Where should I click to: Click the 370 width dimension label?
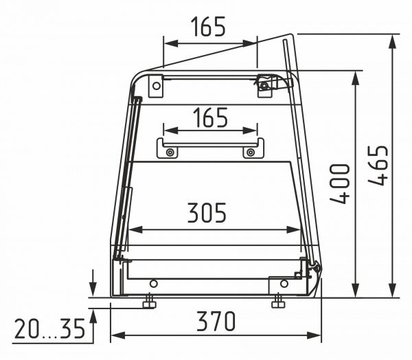[x=216, y=321]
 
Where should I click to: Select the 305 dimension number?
[x=207, y=212]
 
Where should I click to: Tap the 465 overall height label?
[x=378, y=166]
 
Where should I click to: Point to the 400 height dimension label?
[x=339, y=184]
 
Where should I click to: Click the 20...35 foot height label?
[x=50, y=328]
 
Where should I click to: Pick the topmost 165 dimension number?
[x=208, y=27]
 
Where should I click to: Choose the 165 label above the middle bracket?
[x=211, y=117]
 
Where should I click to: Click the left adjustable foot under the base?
[x=150, y=302]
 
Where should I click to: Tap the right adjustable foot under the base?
[x=278, y=302]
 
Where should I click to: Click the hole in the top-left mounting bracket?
[x=157, y=86]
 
